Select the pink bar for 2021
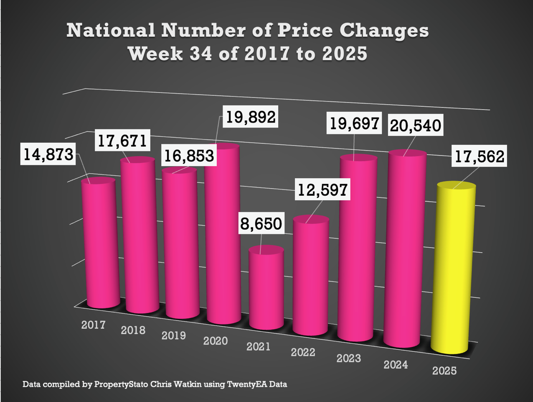pyautogui.click(x=266, y=289)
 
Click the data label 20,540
pyautogui.click(x=415, y=125)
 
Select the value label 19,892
pyautogui.click(x=251, y=117)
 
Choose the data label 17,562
pyautogui.click(x=479, y=156)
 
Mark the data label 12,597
pyautogui.click(x=322, y=189)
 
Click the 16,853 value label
pyautogui.click(x=189, y=156)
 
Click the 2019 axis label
pyautogui.click(x=173, y=335)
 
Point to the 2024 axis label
pyautogui.click(x=396, y=365)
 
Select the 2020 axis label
pyautogui.click(x=215, y=341)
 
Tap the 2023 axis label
pyautogui.click(x=348, y=358)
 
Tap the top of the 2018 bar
pyautogui.click(x=137, y=160)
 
